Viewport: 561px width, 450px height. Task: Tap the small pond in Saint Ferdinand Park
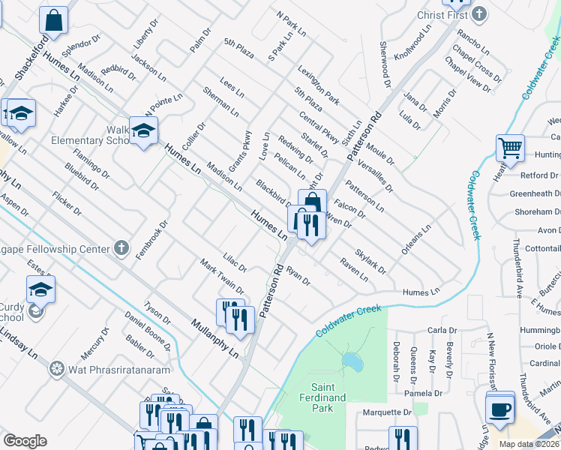click(x=349, y=361)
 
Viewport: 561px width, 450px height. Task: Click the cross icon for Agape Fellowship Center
click(x=121, y=247)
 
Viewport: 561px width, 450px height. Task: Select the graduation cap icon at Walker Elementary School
click(x=142, y=132)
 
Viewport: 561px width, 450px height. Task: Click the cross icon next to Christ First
click(x=479, y=14)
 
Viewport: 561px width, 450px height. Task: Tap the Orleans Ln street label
click(x=416, y=239)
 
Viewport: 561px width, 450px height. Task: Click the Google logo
click(x=25, y=441)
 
